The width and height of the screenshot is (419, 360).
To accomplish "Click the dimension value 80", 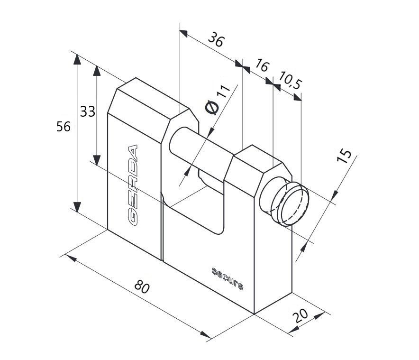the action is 142,286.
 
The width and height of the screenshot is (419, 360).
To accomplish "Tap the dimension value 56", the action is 64,127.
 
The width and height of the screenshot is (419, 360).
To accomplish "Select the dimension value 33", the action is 88,111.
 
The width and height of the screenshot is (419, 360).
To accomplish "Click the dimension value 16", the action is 261,65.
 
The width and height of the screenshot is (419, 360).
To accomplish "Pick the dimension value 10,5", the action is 290,80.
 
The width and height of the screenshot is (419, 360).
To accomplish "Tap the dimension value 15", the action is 344,156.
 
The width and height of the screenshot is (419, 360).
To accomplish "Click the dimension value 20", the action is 301,316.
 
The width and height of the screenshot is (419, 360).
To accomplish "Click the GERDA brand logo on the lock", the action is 133,185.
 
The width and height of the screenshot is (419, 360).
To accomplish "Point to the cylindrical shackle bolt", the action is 200,152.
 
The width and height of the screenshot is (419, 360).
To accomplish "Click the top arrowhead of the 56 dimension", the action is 77,59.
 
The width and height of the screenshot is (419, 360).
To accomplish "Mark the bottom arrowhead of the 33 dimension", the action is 97,160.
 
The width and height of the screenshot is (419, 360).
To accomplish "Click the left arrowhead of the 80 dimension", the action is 71,258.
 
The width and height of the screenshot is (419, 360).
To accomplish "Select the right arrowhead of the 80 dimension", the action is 206,334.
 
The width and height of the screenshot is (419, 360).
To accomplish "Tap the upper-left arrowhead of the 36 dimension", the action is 183,33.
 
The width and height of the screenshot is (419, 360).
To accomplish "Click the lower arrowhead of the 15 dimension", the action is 303,247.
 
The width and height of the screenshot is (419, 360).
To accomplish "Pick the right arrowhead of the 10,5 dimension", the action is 297,97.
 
